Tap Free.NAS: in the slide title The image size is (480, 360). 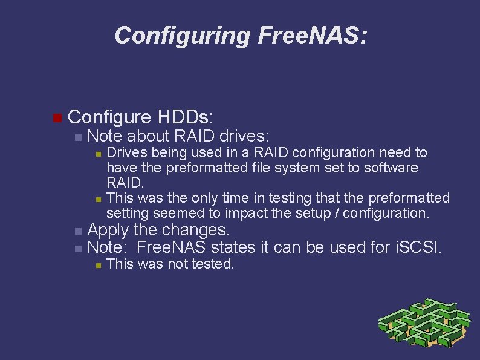(312, 36)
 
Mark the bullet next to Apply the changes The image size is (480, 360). (77, 232)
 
